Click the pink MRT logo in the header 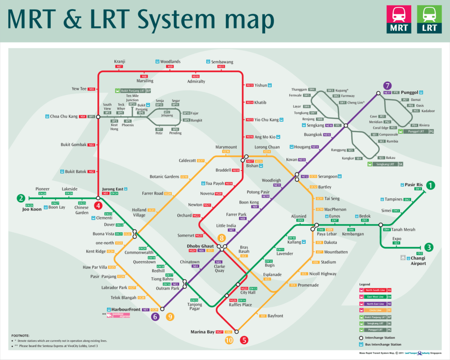click(x=398, y=20)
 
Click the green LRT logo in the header click(x=429, y=20)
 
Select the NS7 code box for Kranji click(x=119, y=67)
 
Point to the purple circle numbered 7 click(x=387, y=86)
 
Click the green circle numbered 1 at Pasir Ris click(x=431, y=185)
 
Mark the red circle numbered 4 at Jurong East click(x=98, y=205)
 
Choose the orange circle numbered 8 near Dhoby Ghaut click(x=222, y=238)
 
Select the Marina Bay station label click(x=202, y=332)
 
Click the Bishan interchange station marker click(x=246, y=157)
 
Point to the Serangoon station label click(x=329, y=177)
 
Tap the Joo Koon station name click(x=31, y=209)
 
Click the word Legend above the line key click(x=364, y=284)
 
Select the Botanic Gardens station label click(x=164, y=177)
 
